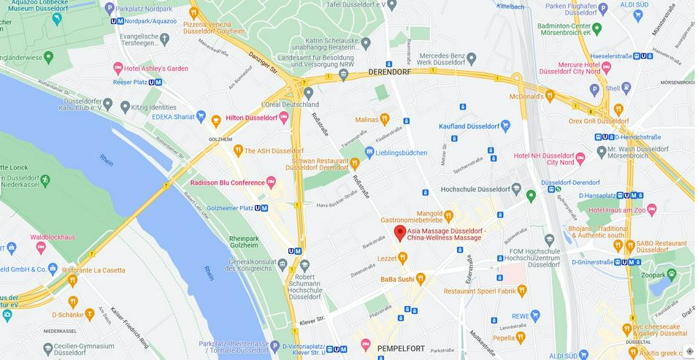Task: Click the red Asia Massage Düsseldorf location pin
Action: (399, 232)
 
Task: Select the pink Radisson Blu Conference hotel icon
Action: (271, 182)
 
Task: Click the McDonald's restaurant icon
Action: (550, 96)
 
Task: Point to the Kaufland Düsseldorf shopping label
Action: (473, 126)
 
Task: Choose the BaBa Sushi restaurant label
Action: (397, 279)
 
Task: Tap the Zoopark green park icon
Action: (671, 275)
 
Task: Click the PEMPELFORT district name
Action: (401, 349)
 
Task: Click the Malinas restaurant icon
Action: (385, 118)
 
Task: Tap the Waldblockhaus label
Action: (53, 237)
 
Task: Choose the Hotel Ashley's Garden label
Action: (156, 68)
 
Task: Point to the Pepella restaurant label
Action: (503, 337)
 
